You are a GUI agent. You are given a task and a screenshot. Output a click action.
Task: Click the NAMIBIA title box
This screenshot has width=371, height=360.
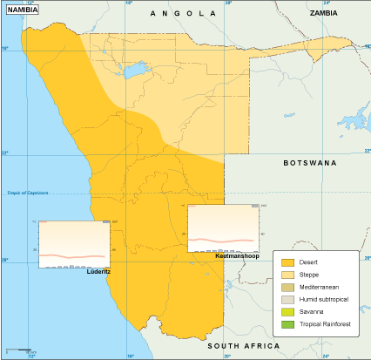click(x=23, y=10)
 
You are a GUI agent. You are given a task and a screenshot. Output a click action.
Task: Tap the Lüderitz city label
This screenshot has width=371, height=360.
click(x=98, y=271)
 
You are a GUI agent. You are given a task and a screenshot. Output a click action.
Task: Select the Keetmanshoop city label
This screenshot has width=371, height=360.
click(x=237, y=256)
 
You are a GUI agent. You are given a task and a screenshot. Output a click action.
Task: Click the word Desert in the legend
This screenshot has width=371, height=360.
click(x=308, y=262)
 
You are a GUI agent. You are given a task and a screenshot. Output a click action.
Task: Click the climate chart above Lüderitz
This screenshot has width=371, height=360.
click(x=74, y=243)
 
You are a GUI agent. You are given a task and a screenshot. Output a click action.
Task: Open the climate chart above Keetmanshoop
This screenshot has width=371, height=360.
click(x=224, y=228)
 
